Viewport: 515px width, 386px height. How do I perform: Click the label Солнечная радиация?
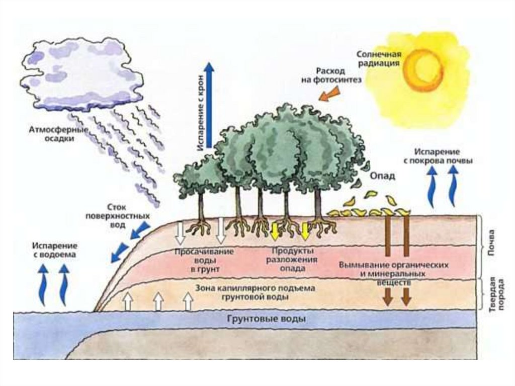(x=378, y=58)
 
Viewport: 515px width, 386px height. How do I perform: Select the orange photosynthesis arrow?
(x=329, y=94)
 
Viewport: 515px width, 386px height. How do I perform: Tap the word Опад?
(x=383, y=176)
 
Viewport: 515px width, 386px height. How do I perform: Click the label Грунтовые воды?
(x=267, y=319)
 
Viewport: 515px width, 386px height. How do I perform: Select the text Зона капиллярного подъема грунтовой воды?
(x=254, y=292)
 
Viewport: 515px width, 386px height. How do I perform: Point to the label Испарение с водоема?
(x=55, y=250)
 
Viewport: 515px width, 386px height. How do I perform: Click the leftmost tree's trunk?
(x=201, y=206)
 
